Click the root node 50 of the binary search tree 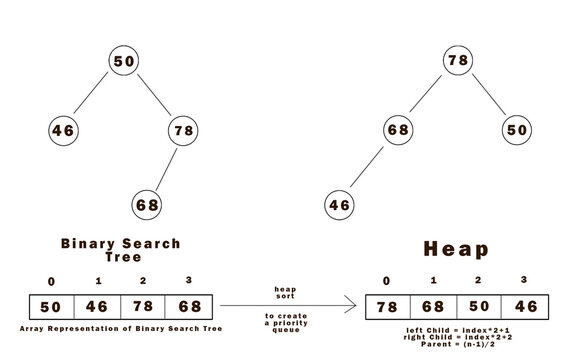(x=125, y=62)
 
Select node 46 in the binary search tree (x=63, y=130)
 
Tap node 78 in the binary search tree (x=182, y=130)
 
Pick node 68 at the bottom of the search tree (x=147, y=205)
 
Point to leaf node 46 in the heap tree (x=340, y=205)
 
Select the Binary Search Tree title (x=121, y=250)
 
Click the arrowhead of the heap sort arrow (x=353, y=306)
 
